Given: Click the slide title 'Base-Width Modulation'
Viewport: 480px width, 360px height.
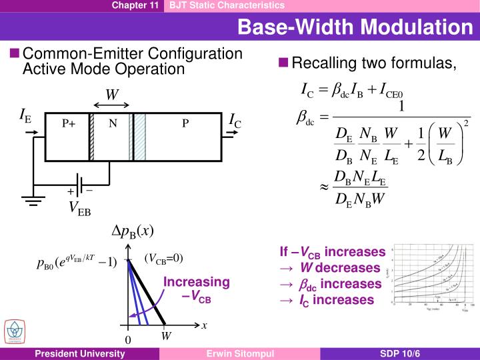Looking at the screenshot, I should tap(354, 27).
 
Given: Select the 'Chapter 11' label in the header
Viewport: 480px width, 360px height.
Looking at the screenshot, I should tap(135, 5).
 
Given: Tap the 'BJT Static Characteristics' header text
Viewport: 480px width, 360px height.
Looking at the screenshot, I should tap(227, 5).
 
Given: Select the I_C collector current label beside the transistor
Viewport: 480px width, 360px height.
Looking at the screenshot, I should tap(235, 121).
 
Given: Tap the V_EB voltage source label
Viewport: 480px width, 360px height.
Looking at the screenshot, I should tap(80, 209).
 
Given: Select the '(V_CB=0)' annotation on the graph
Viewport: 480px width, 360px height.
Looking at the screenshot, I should tap(163, 259).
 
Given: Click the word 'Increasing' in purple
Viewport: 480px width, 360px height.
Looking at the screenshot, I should tap(197, 282).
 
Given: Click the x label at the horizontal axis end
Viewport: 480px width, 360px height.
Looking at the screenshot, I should tap(204, 325).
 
